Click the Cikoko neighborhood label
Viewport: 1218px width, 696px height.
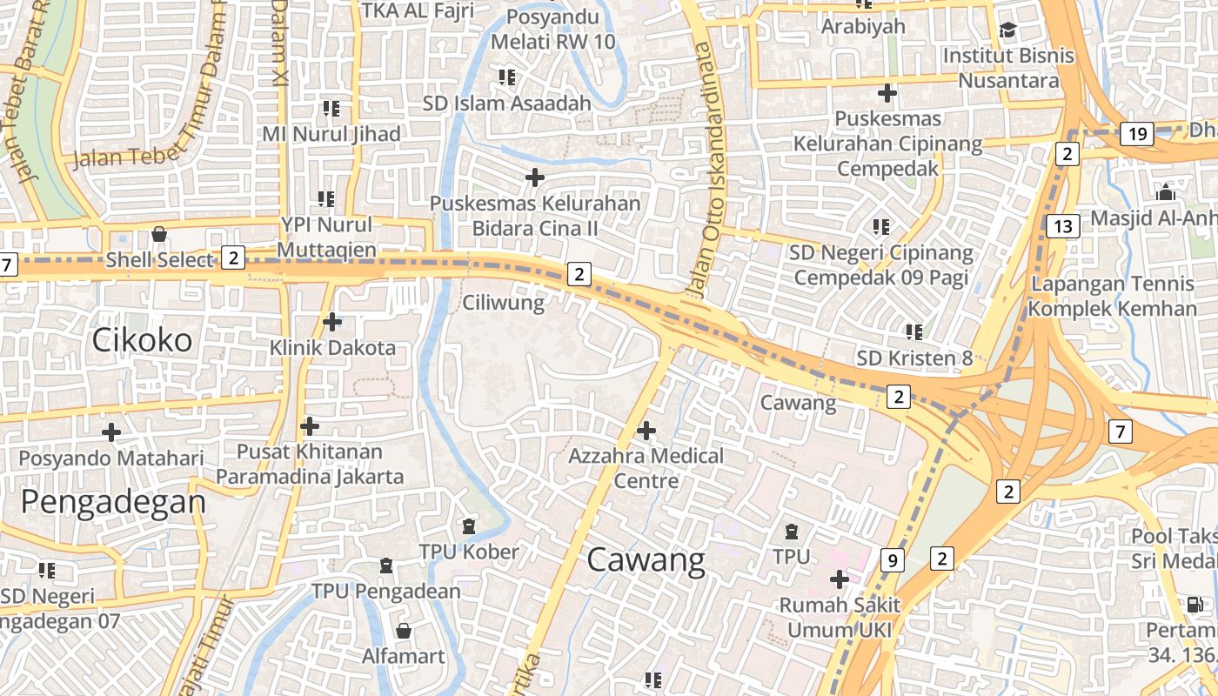pos(142,340)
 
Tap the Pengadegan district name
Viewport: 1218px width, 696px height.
pos(113,502)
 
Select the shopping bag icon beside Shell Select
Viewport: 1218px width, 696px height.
pos(159,234)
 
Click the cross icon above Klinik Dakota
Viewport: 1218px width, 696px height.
pos(332,322)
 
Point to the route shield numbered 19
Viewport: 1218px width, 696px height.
pos(1136,134)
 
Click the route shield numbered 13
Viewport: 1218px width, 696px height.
pos(1062,227)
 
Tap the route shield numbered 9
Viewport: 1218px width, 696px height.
pos(891,560)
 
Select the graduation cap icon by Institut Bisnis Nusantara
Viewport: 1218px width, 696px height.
pos(1007,30)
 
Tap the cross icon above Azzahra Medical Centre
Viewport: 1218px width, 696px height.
pos(646,430)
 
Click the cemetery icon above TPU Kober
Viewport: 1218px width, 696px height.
pos(469,526)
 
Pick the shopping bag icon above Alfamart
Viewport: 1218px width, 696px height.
pos(403,630)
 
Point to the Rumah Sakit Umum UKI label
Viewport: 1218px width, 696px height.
pos(840,617)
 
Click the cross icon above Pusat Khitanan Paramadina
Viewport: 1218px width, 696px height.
pos(310,426)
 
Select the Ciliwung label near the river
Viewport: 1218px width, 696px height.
pos(504,303)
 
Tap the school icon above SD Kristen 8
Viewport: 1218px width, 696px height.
pos(913,331)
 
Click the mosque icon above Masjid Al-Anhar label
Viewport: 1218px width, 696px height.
pos(1166,192)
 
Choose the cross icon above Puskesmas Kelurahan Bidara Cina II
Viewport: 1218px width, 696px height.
pos(535,178)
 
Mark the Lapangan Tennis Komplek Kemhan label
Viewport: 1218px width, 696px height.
pos(1112,296)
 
